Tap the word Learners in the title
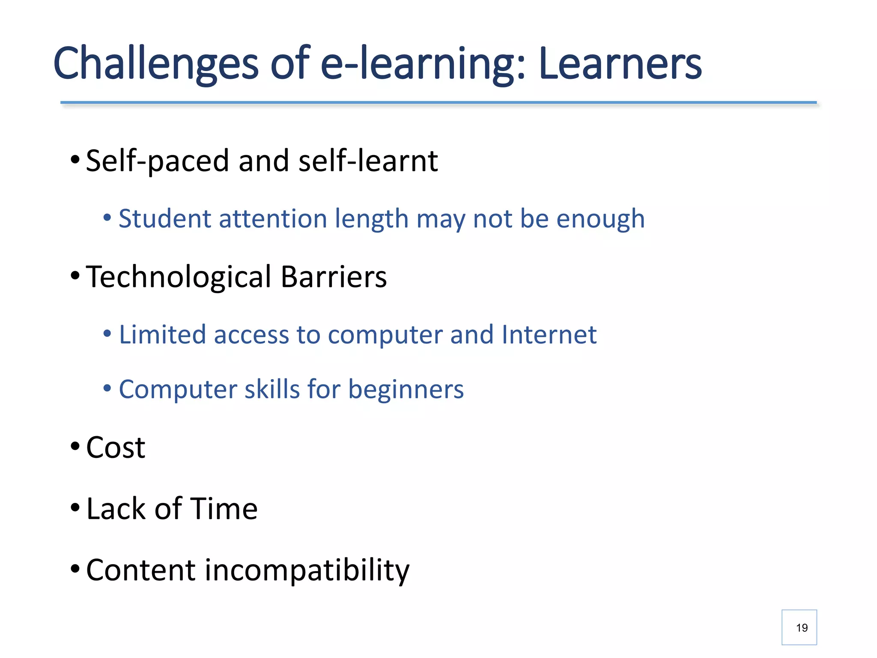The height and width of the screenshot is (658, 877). click(x=620, y=64)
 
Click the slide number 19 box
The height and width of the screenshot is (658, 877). click(x=799, y=627)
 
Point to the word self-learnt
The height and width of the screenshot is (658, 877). click(x=368, y=161)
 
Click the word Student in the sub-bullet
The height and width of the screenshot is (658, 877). click(x=164, y=219)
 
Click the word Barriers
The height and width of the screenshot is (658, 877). click(x=334, y=277)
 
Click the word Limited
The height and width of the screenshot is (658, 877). click(x=162, y=335)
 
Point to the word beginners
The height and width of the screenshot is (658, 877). click(x=406, y=390)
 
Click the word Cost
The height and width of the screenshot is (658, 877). click(x=116, y=448)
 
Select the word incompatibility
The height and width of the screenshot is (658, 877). click(x=307, y=571)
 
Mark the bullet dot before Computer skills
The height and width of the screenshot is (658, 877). click(x=107, y=389)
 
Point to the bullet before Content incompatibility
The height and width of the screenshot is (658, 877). click(x=75, y=569)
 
